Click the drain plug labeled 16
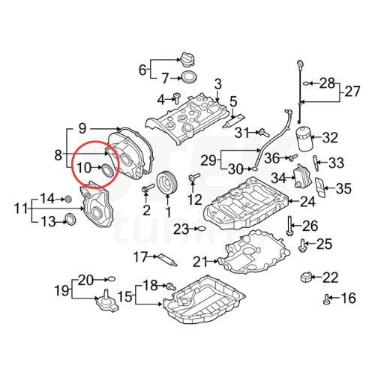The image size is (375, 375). (x=327, y=300)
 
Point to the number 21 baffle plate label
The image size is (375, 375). (x=199, y=261)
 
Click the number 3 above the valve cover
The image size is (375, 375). (x=218, y=83)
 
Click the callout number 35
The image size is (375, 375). (x=343, y=187)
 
